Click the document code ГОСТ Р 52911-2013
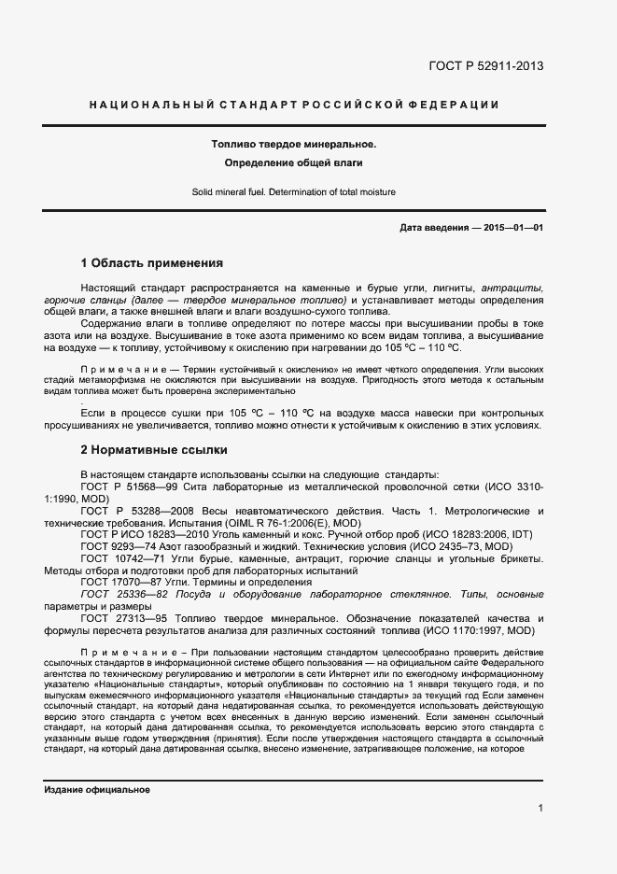(x=485, y=66)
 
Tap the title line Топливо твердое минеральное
(x=293, y=145)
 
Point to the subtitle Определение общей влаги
(x=293, y=163)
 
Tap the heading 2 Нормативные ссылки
(x=153, y=449)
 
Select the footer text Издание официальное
(x=97, y=790)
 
